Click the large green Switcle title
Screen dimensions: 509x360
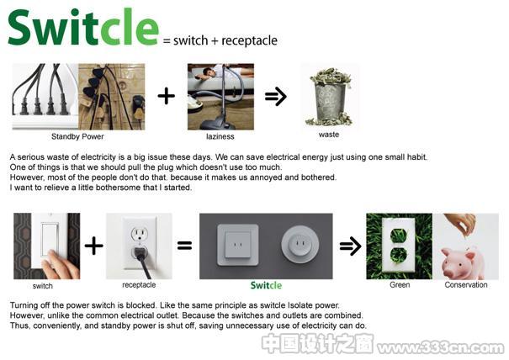pos(84,27)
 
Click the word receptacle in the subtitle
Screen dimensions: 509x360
pos(249,41)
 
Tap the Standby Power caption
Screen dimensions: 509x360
pos(77,136)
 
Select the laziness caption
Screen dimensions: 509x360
pos(220,136)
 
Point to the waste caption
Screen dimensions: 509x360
pos(329,135)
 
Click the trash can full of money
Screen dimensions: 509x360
pos(330,97)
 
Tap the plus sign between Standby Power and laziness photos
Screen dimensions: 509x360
pos(167,97)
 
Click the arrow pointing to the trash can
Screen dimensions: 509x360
pos(276,97)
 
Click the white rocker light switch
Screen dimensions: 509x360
pos(50,240)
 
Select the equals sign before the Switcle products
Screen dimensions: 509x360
pos(184,245)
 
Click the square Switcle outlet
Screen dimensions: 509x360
pos(238,245)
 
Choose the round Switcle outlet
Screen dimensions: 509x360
pos(300,245)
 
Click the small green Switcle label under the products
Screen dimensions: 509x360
pos(266,285)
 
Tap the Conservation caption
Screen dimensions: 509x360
pos(466,284)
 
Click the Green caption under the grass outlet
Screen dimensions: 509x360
pos(400,284)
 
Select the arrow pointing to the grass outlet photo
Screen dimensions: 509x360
pos(350,246)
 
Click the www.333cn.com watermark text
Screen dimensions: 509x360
pos(442,347)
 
